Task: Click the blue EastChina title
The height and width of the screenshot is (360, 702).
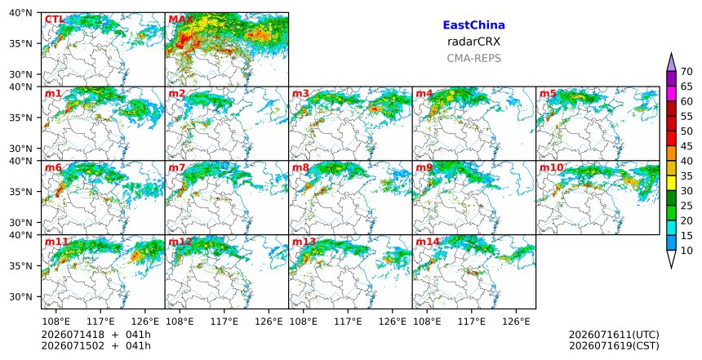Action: tap(473, 25)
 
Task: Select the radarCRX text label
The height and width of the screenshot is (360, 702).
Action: tap(473, 42)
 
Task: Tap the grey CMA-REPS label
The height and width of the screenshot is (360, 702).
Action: tap(473, 58)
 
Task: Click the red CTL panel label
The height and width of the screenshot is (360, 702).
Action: tap(54, 20)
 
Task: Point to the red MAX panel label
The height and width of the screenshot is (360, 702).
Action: tap(180, 20)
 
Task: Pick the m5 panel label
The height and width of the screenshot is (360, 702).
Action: tap(548, 94)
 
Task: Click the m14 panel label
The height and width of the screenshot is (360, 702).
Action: tap(428, 242)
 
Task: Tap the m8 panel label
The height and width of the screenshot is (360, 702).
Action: tap(300, 167)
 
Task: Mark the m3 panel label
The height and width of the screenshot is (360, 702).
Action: tap(300, 94)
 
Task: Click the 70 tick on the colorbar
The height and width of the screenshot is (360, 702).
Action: tap(686, 72)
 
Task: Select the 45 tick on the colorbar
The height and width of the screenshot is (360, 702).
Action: tap(686, 146)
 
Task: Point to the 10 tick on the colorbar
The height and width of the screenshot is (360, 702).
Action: tap(686, 251)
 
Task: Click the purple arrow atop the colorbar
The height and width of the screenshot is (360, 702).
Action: tap(671, 63)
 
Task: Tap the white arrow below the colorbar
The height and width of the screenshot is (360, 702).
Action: tap(671, 259)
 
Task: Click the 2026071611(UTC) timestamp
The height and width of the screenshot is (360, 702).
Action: tap(614, 335)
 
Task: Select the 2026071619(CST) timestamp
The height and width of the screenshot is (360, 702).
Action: tap(614, 345)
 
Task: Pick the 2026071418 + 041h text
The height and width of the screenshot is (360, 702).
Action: tap(96, 335)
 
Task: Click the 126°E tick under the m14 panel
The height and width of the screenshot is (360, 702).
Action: tap(516, 322)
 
